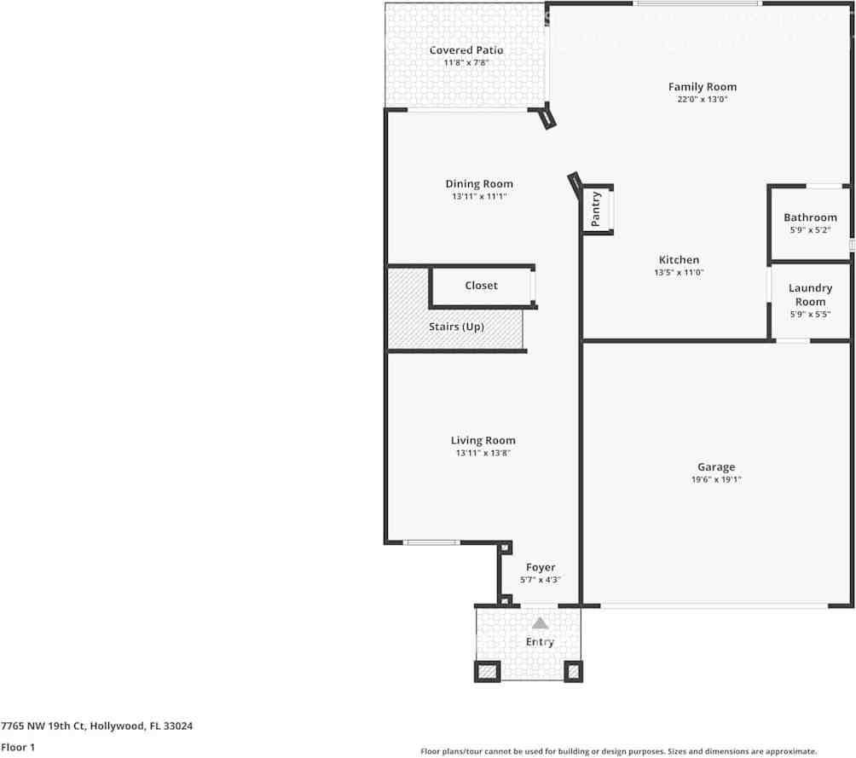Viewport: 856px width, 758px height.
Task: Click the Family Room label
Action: click(702, 87)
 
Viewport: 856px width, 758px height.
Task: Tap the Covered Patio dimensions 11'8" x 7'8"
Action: click(466, 63)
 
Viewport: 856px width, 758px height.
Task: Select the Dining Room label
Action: click(479, 184)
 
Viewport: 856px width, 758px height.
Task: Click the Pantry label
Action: click(596, 208)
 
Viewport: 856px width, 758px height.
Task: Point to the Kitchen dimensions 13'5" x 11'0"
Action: click(679, 273)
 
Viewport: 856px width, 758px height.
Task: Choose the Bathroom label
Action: click(810, 217)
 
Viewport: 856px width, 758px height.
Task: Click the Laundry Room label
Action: click(810, 295)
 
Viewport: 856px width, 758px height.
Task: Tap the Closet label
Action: click(481, 286)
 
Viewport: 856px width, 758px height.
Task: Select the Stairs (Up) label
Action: click(456, 327)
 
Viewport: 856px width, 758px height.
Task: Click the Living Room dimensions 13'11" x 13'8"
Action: click(483, 454)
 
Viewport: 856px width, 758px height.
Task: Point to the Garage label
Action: click(716, 467)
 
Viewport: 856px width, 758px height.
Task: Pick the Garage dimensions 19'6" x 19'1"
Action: click(716, 480)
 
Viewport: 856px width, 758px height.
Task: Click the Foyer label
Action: click(541, 567)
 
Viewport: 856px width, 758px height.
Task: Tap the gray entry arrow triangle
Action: click(541, 623)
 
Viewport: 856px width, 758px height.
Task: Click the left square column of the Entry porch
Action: click(487, 671)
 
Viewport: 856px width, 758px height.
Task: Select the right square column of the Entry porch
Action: click(573, 671)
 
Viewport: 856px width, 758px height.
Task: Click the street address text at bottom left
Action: click(96, 726)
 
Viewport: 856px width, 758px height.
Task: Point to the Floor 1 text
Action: click(18, 747)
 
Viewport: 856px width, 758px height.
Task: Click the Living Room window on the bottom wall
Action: click(431, 542)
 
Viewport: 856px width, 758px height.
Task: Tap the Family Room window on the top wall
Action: click(697, 4)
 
